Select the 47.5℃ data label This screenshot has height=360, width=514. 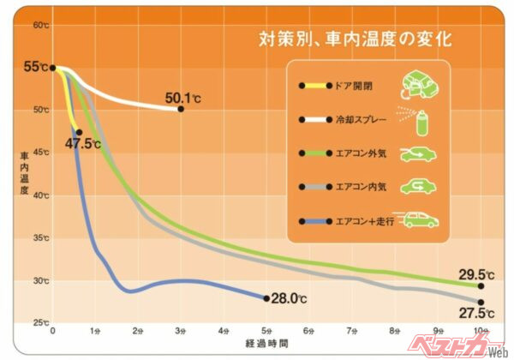pyautogui.click(x=82, y=143)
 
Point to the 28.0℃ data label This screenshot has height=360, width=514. pyautogui.click(x=289, y=298)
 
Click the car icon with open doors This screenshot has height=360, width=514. pyautogui.click(x=419, y=84)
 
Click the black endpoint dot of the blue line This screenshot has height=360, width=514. pyautogui.click(x=266, y=298)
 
